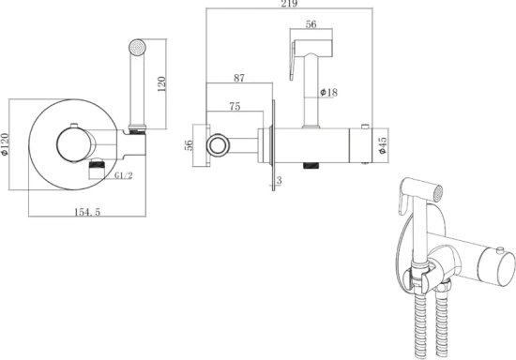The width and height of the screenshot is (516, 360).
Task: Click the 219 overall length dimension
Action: click(289, 4)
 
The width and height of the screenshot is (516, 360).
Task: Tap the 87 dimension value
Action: click(239, 78)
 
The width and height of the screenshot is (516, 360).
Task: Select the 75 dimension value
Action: click(235, 106)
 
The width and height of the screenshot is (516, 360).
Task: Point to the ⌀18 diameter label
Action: click(328, 93)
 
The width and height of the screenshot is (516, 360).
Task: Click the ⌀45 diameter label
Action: click(383, 145)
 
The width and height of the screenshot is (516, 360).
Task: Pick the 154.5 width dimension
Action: click(87, 212)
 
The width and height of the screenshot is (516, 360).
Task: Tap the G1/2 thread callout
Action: click(124, 175)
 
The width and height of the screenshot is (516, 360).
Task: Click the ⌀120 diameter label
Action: click(5, 144)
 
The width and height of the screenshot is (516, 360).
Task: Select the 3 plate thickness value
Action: click(279, 180)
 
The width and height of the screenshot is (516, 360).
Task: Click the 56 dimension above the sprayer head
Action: click(311, 24)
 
